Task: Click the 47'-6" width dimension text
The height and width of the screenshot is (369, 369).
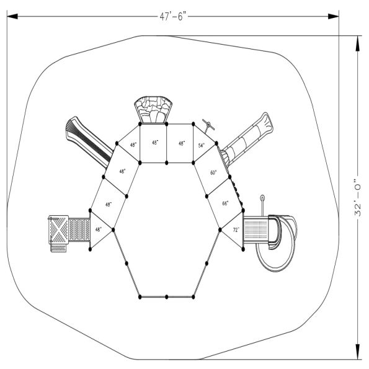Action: point(172,17)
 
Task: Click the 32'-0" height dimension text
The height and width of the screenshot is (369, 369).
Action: point(358,197)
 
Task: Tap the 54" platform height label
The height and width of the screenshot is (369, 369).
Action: point(202,145)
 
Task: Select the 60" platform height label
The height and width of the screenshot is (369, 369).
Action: point(214,174)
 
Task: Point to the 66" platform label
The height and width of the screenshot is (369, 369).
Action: point(225,203)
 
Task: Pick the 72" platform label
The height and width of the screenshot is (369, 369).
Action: point(236,229)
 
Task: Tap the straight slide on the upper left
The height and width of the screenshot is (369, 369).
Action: point(87,140)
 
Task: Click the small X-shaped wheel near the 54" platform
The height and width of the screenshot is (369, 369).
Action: point(210,124)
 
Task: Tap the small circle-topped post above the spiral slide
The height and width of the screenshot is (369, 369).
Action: point(262,200)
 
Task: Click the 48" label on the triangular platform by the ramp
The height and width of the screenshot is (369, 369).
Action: point(99,229)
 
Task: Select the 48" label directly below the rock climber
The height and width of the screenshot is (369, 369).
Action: point(155,143)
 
